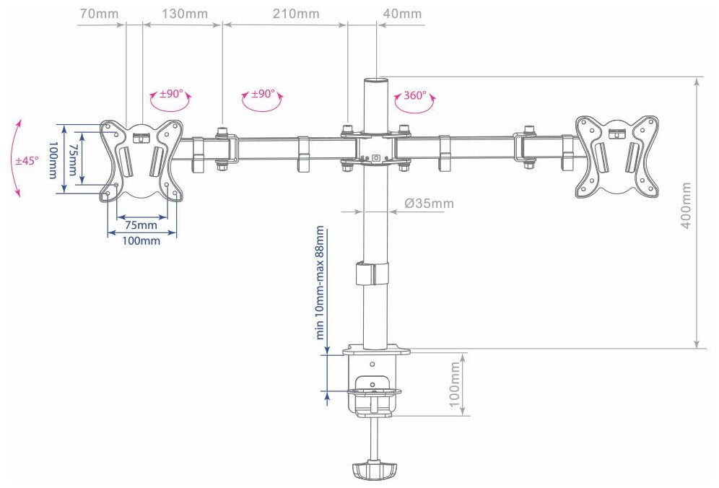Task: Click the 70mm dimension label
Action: click(x=97, y=14)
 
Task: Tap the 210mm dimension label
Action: click(x=296, y=14)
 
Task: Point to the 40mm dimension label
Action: click(x=402, y=14)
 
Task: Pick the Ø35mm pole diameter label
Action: click(x=430, y=203)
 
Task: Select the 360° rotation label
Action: click(x=415, y=95)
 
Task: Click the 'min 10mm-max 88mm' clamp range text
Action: click(x=319, y=282)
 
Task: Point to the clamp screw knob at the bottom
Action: click(x=373, y=471)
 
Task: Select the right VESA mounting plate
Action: click(x=617, y=156)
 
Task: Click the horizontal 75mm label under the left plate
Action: click(x=141, y=225)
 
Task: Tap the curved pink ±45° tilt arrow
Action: click(x=17, y=159)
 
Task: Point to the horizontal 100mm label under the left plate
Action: click(x=141, y=241)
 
